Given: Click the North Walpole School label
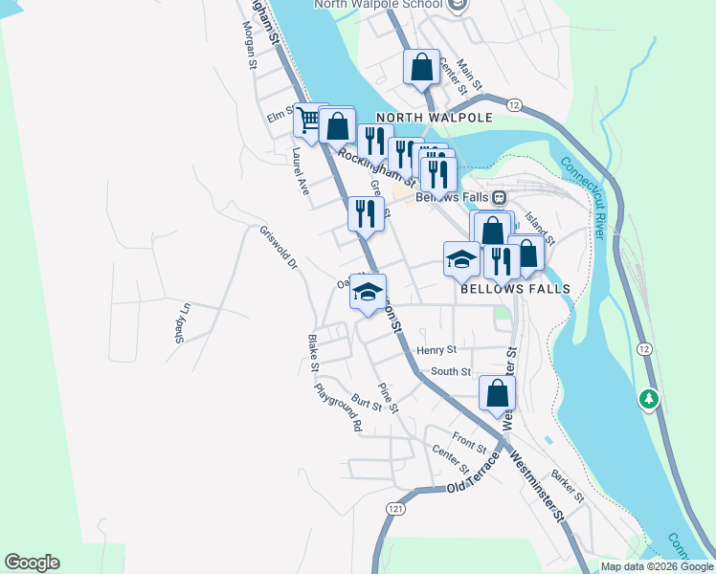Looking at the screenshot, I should coord(379,5).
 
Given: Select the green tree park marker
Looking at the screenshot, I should coord(650,397).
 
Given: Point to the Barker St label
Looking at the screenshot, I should coord(567,484).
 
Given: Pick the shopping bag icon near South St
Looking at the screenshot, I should coord(497,392).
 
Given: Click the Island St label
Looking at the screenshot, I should coord(540,229).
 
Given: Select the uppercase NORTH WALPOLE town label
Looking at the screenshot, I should coord(434,118).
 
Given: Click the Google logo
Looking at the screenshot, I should coord(32,563).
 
